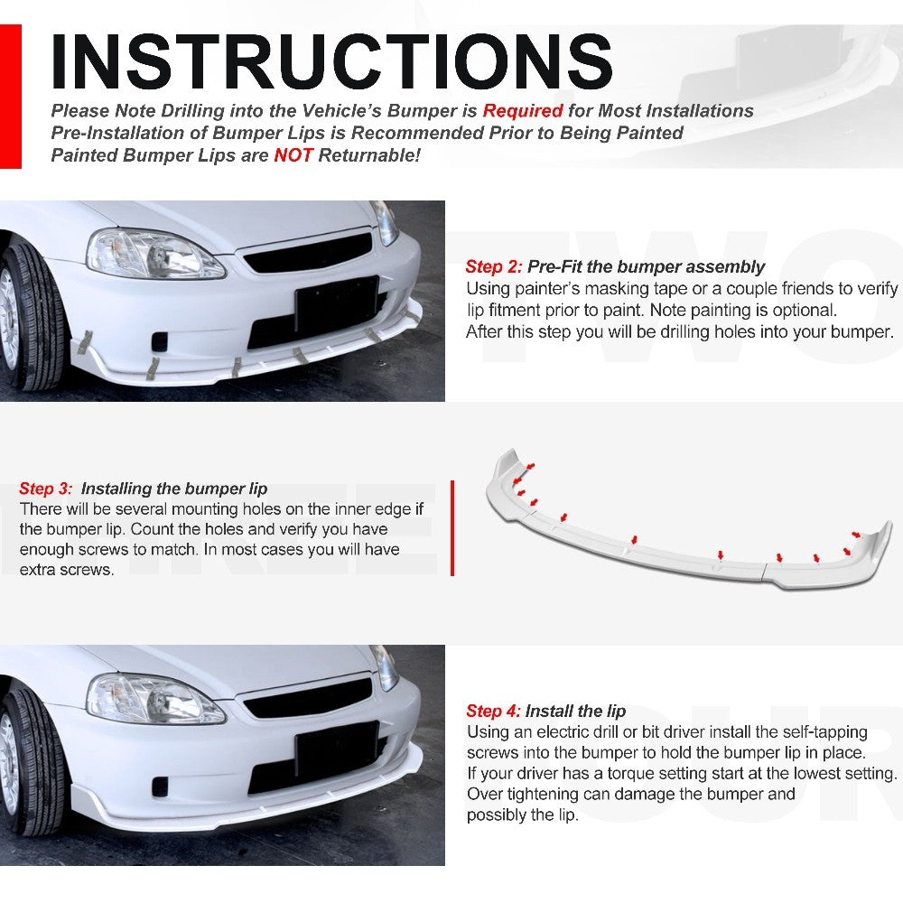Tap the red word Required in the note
(x=522, y=111)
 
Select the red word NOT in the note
(x=293, y=155)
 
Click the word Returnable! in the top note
(x=369, y=155)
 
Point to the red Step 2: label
(x=494, y=267)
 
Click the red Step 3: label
(x=46, y=489)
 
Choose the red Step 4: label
(x=493, y=712)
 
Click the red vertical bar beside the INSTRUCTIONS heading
(x=11, y=96)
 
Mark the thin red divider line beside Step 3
(x=452, y=528)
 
